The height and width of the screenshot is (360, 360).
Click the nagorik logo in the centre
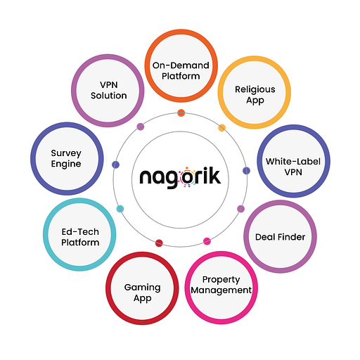[x=180, y=177]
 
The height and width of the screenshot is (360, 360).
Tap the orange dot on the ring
[x=181, y=112]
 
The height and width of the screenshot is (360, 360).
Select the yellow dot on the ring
[x=222, y=128]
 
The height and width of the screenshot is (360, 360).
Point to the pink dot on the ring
[x=207, y=241]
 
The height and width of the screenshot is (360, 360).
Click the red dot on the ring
[x=159, y=243]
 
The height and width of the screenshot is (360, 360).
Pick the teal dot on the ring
[x=120, y=209]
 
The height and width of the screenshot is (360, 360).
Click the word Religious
[x=255, y=89]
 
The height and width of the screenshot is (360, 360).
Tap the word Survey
[x=66, y=153]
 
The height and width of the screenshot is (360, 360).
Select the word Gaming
[x=143, y=288]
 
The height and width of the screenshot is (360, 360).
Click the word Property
[x=221, y=280]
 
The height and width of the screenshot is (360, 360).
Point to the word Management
[x=221, y=290]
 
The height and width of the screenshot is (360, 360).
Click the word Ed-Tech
[x=80, y=232]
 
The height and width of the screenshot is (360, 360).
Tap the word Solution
[x=109, y=96]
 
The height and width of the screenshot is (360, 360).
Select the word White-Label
[x=293, y=162]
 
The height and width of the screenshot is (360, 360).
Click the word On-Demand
[x=181, y=65]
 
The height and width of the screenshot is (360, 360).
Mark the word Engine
[x=66, y=164]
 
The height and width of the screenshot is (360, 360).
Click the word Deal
[x=265, y=237]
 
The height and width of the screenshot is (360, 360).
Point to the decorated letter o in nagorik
[x=187, y=177]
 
